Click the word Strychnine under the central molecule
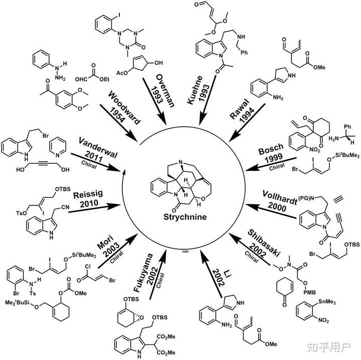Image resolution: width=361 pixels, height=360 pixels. pyautogui.click(x=180, y=219)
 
